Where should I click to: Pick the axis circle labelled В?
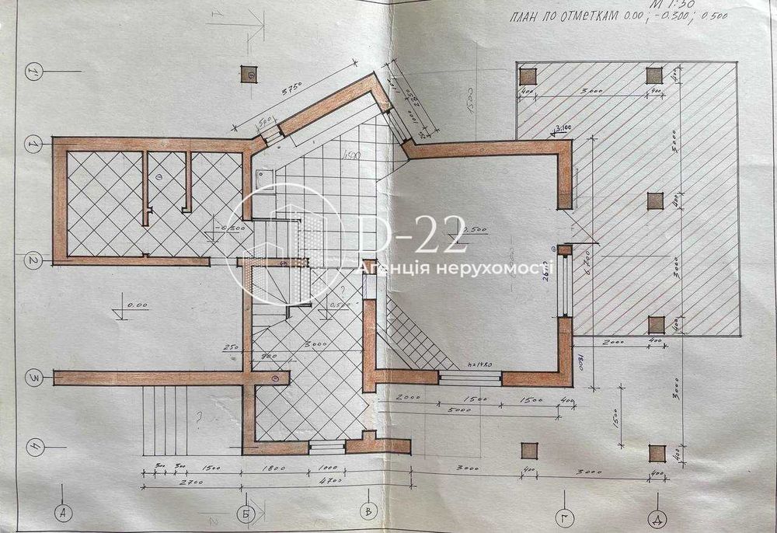tap(370, 511)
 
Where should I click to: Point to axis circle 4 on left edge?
tap(33, 448)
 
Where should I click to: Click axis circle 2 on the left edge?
tap(33, 261)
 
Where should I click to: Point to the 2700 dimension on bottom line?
tap(183, 482)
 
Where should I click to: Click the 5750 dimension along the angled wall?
tap(293, 89)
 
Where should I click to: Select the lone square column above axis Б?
tap(250, 74)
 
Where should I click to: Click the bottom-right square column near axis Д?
tap(657, 452)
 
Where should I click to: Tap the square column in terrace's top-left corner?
tap(528, 75)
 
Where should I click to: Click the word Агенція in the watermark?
tap(389, 268)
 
